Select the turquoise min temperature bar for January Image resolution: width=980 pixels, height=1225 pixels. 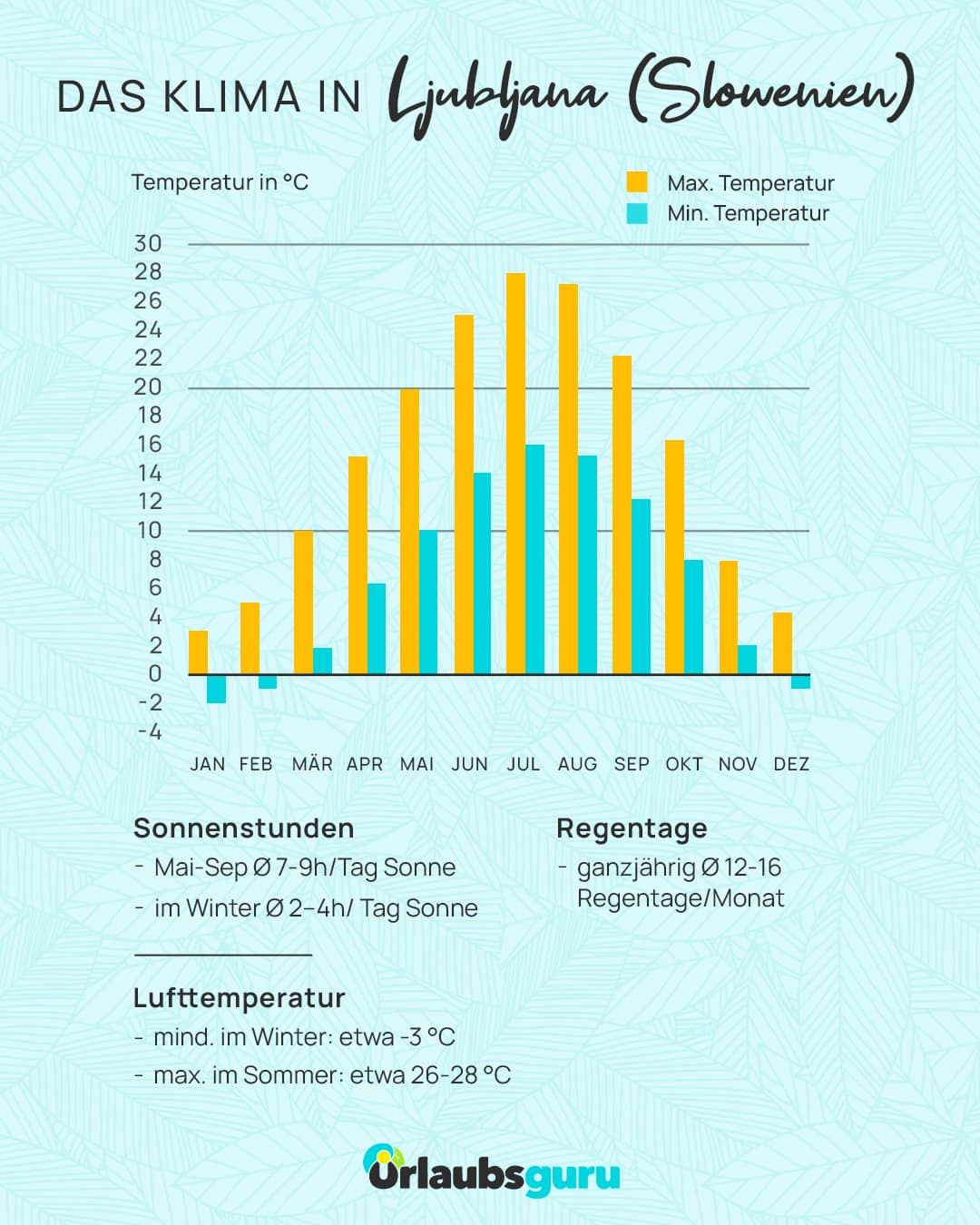pos(216,689)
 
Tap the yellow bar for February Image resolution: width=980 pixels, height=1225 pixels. pos(250,638)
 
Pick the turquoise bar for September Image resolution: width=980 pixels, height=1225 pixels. pos(641,586)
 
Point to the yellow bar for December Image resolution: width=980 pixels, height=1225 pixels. pos(782,643)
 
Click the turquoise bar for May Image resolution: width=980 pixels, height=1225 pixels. pos(427,602)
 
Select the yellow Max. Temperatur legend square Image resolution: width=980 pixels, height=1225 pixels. pos(637,182)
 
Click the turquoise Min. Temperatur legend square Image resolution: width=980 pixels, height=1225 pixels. pos(637,213)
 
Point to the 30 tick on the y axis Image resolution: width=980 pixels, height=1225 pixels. pos(148,243)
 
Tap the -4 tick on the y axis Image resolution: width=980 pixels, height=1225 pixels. pos(150,731)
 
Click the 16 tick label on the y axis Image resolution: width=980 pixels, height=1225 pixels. pos(149,444)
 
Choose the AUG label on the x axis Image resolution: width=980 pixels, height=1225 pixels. pos(577,764)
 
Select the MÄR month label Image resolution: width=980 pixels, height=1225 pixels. pos(312,764)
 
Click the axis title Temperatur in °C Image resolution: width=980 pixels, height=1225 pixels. pos(220,182)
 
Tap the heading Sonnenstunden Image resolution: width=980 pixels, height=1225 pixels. pos(243,828)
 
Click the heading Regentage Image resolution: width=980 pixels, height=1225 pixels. pos(632,828)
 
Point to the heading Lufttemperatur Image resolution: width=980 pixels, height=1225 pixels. pos(239,998)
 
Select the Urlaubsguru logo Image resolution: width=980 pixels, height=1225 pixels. pos(491,1171)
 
